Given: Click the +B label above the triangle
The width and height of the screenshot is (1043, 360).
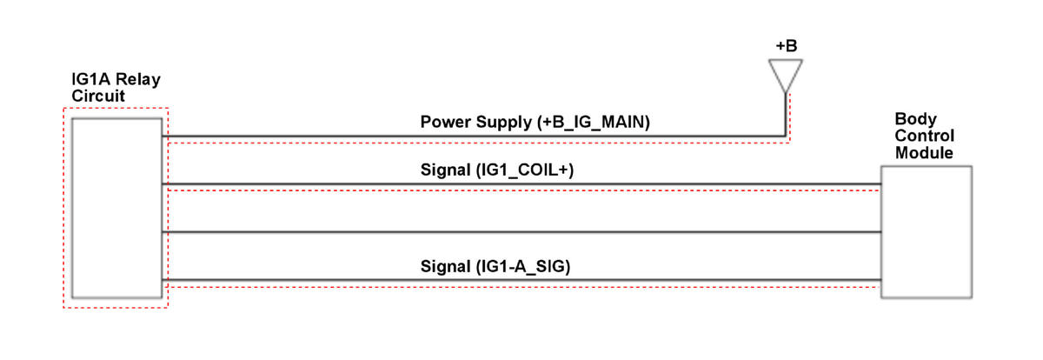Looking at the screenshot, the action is coord(787,45).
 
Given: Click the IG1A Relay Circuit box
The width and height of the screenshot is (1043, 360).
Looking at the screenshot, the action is coord(116,208).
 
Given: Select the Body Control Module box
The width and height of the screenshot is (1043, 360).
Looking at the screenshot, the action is coord(927,232).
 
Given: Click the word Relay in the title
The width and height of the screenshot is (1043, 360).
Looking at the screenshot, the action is coord(138,79).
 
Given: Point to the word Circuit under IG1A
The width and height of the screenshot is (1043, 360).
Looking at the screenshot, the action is coord(98,96).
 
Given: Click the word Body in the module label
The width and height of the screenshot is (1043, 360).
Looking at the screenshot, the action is coord(915,119).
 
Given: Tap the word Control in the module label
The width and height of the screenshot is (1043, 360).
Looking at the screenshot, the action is coord(924,136).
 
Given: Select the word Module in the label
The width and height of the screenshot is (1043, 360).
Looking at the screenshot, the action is coord(924,153).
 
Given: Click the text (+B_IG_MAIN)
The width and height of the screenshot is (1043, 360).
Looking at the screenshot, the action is coord(593,122).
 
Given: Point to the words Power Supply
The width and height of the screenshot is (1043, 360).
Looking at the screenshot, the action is coord(476,122).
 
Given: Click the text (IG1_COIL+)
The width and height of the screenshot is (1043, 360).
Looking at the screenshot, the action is coord(525,170).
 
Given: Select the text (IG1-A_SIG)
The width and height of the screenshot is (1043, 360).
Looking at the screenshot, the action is coord(523,266).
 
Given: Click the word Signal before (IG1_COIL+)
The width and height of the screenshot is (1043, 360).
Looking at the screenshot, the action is coord(446,170).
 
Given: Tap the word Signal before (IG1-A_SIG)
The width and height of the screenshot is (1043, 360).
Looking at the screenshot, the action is coord(446,266).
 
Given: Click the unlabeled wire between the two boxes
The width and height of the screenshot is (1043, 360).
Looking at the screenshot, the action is coord(521,232).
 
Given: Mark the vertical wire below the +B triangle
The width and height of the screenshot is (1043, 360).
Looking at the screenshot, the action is coord(786,115).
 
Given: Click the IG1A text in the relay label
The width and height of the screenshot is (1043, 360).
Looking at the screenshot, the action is coord(90,79).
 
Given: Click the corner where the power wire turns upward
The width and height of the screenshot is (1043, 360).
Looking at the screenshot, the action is coord(786,137).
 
